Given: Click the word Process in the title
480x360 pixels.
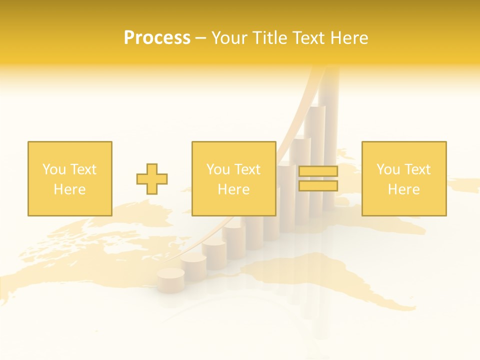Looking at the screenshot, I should coord(157,38).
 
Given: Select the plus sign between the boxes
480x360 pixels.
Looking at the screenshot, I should coord(152,179).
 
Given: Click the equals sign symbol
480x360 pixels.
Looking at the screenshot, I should coord(318,178).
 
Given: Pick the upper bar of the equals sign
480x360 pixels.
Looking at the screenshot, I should coord(318,171).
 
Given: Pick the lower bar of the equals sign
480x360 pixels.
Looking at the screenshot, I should coord(318,185).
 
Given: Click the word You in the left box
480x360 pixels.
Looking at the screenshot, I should coord(54,169).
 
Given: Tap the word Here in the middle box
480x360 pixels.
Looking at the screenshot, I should coord(233,189).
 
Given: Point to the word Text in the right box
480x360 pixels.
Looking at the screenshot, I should coord(417,169).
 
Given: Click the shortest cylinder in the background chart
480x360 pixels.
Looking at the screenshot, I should coord(170,280).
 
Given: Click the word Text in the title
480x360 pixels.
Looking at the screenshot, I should coord(307,38).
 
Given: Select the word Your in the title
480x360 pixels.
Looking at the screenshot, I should coord(229,38).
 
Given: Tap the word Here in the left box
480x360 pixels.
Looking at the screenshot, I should coord(69,189).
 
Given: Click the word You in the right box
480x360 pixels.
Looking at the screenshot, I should coord(388,169).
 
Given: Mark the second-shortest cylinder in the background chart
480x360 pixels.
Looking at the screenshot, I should coord(193,265).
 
